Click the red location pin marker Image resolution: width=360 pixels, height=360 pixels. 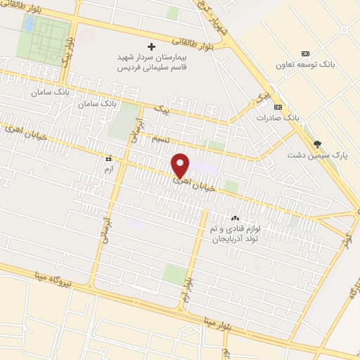pyautogui.click(x=180, y=165)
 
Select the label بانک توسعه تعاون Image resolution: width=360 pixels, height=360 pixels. pyautogui.click(x=311, y=66)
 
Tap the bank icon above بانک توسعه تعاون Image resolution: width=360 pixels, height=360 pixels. pyautogui.click(x=305, y=54)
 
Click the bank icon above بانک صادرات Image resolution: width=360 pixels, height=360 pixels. pyautogui.click(x=278, y=107)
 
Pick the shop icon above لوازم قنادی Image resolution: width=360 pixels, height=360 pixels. pyautogui.click(x=235, y=218)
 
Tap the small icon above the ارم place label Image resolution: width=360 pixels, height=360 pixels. pyautogui.click(x=108, y=159)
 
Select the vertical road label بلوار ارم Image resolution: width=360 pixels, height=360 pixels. pyautogui.click(x=187, y=290)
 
